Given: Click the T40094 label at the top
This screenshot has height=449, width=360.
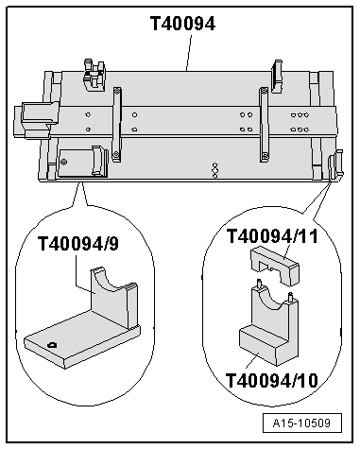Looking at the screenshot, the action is click(x=183, y=24).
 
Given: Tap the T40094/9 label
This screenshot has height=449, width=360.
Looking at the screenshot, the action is click(x=78, y=244).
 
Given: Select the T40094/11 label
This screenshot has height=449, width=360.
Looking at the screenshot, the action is click(x=272, y=236).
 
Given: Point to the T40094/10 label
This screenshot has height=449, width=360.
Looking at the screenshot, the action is click(x=272, y=380).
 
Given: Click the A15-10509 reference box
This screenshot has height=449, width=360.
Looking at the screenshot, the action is click(x=302, y=423).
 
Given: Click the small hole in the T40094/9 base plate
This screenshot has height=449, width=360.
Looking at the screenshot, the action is click(x=52, y=345).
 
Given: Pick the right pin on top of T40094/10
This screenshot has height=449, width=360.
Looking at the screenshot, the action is click(x=291, y=297).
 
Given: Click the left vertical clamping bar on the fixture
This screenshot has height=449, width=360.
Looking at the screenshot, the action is click(x=117, y=125).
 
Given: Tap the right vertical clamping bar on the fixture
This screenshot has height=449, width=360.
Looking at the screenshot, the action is click(x=264, y=125).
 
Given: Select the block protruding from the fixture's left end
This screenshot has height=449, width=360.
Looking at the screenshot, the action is click(x=35, y=120).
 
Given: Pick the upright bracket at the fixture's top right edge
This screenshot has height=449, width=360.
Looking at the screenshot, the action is click(x=277, y=77).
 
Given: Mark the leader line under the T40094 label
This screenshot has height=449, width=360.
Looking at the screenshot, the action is click(x=189, y=53).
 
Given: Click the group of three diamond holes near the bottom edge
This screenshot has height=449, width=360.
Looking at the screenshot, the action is click(x=214, y=170).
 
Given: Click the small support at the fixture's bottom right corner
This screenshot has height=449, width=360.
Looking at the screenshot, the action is click(x=335, y=165).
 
